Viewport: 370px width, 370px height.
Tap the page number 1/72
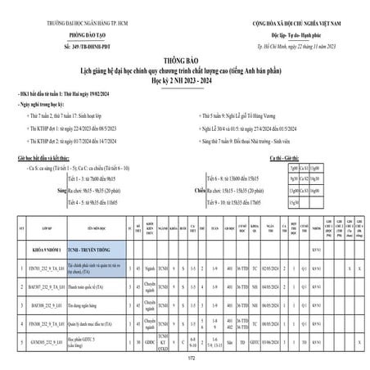pos(185,359)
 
